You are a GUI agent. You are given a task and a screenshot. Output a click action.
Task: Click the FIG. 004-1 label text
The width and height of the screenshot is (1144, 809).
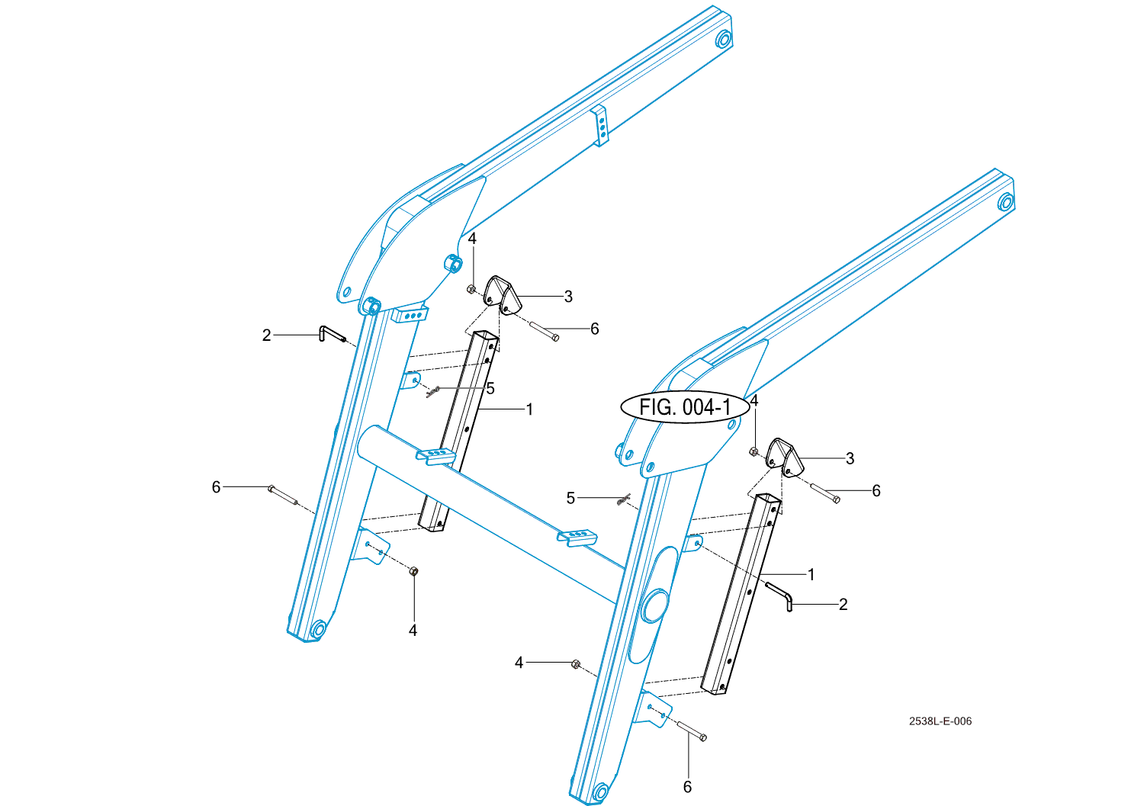point(686,408)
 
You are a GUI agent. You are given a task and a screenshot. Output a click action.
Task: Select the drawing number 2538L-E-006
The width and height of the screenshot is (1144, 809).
point(940,721)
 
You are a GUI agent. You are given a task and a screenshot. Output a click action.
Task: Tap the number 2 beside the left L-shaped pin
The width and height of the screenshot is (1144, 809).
point(266,335)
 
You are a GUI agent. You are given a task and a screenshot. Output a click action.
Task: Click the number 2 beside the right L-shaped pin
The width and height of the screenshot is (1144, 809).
point(844,604)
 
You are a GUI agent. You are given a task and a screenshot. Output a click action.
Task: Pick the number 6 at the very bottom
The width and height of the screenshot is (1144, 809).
point(687,787)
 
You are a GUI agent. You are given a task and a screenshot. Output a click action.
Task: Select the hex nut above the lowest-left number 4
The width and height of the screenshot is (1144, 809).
point(414,571)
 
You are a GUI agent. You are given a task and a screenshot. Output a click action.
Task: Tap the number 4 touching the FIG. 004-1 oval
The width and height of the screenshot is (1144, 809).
point(754,400)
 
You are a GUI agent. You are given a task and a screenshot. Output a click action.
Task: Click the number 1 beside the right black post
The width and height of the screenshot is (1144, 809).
point(811,575)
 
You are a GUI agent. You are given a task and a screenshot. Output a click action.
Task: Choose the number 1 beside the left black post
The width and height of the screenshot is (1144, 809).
point(529,409)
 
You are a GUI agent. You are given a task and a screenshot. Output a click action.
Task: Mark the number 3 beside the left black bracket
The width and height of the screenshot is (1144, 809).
point(568,296)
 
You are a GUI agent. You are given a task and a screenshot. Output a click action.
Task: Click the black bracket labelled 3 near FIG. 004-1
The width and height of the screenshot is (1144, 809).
point(786,458)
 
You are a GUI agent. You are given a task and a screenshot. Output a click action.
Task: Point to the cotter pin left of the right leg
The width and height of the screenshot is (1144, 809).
point(624,499)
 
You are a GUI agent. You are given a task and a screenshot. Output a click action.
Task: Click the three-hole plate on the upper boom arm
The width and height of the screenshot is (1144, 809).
point(601,126)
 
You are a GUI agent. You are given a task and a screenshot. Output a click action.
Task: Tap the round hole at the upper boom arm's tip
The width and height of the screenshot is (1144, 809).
point(724,39)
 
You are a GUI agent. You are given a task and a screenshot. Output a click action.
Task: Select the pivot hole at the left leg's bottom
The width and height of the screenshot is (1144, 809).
point(318,628)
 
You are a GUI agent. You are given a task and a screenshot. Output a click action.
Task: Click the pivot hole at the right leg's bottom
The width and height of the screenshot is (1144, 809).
point(601,792)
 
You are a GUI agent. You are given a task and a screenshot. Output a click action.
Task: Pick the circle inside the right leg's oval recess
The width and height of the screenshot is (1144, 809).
point(655,606)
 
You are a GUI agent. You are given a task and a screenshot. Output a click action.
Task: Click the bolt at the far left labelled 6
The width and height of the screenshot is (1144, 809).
point(282,496)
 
